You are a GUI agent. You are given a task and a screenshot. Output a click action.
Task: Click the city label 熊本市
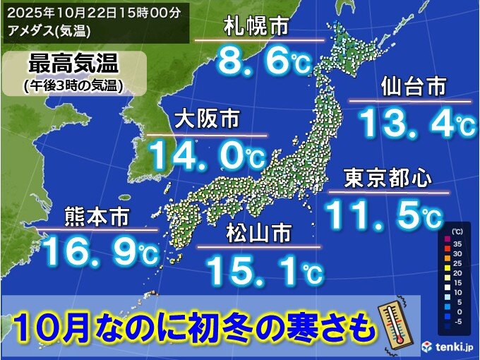coord(95,216)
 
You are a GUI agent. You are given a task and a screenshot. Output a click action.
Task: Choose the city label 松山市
coord(259,233)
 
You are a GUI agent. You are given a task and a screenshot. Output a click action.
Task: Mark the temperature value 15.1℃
coord(265,268)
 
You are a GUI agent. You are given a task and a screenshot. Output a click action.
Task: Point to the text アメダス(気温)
coord(50,30)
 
